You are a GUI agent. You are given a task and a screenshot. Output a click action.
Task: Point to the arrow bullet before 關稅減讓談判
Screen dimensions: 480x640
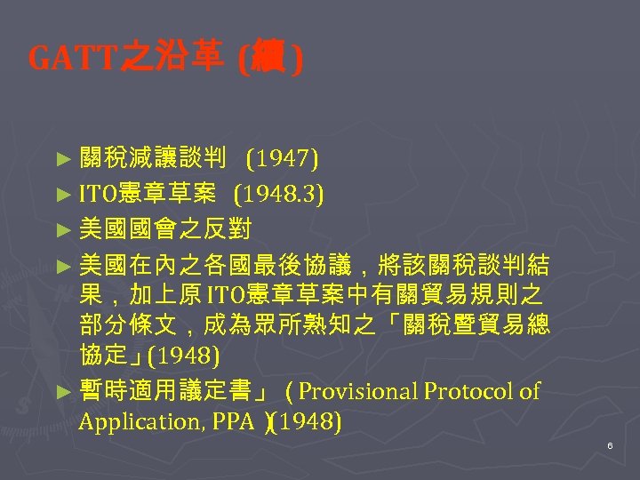coord(61,161)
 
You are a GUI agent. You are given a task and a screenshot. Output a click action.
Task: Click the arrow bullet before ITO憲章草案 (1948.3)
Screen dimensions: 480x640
coord(61,195)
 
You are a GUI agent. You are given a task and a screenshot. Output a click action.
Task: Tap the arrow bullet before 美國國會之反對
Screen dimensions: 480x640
coord(61,229)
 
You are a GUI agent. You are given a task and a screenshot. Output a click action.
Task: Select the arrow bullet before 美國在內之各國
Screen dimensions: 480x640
coord(61,264)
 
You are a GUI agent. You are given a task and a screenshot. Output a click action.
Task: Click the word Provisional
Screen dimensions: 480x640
coord(364,391)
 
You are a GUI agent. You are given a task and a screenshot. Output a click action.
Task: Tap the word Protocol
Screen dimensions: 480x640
coord(472,391)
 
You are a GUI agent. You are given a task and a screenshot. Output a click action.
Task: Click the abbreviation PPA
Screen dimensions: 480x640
coord(232,421)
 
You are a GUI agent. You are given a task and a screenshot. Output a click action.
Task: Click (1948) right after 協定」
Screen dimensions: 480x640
coord(182,357)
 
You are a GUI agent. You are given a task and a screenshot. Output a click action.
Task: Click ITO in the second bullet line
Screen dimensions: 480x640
coord(94,194)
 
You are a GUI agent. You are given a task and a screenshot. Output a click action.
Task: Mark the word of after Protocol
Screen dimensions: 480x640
coord(530,391)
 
